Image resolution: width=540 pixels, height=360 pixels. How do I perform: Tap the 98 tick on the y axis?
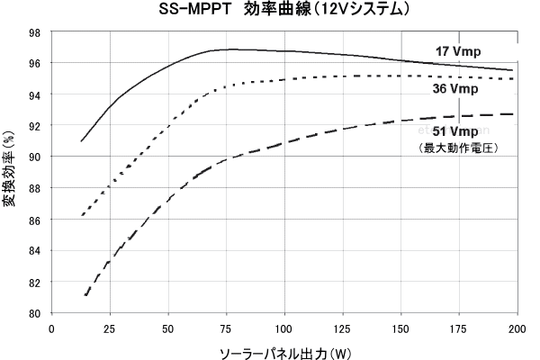[x=33, y=32]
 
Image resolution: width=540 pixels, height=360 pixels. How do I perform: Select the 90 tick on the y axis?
[x=33, y=157]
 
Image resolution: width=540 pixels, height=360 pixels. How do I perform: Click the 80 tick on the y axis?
[x=33, y=313]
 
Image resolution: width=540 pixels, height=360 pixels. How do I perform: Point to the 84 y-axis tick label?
[x=33, y=251]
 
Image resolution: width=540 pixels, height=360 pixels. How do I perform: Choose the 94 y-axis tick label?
[x=33, y=94]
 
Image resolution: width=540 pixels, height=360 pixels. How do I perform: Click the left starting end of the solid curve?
[x=81, y=141]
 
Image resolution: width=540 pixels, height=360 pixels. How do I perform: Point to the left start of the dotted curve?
[x=82, y=215]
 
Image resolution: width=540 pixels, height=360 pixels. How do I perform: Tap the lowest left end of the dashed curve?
[x=86, y=295]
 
